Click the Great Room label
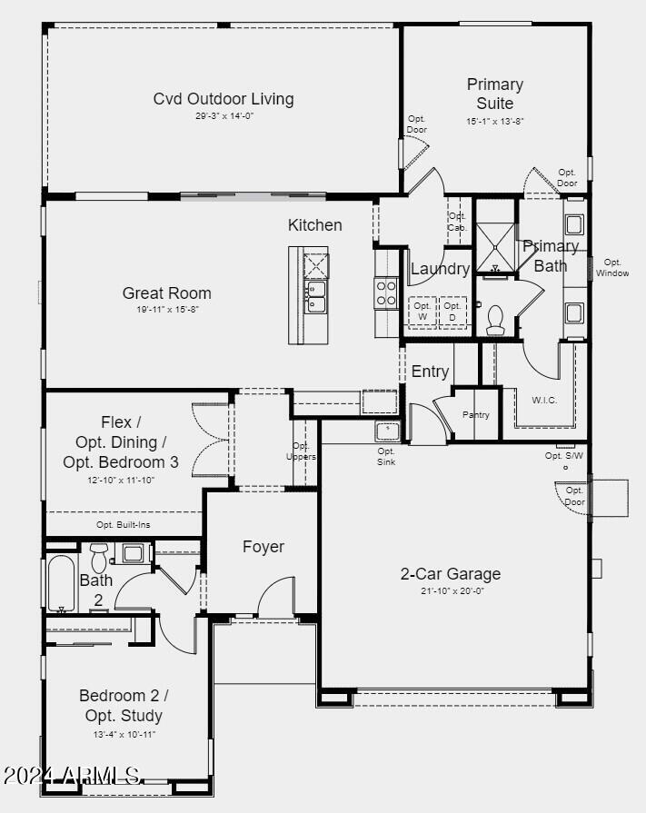click(x=167, y=293)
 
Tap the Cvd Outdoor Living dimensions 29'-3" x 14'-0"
click(x=224, y=116)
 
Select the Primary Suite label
click(x=495, y=94)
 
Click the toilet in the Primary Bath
click(x=495, y=318)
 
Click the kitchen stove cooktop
click(x=387, y=292)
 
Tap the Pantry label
click(x=475, y=415)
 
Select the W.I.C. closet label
click(x=543, y=400)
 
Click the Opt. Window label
click(x=612, y=268)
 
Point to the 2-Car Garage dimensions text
click(x=451, y=590)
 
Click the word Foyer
click(x=263, y=547)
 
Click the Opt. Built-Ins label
click(x=123, y=525)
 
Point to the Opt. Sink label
click(x=386, y=456)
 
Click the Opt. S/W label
click(x=564, y=456)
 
